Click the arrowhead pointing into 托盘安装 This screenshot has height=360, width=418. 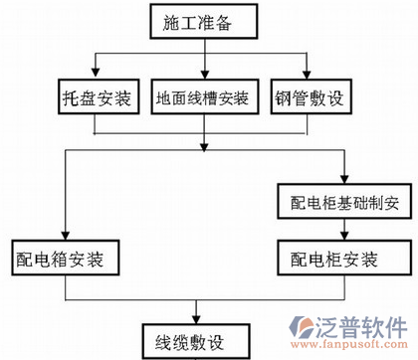pos(94,78)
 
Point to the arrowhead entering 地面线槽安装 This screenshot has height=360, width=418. pos(205,78)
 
